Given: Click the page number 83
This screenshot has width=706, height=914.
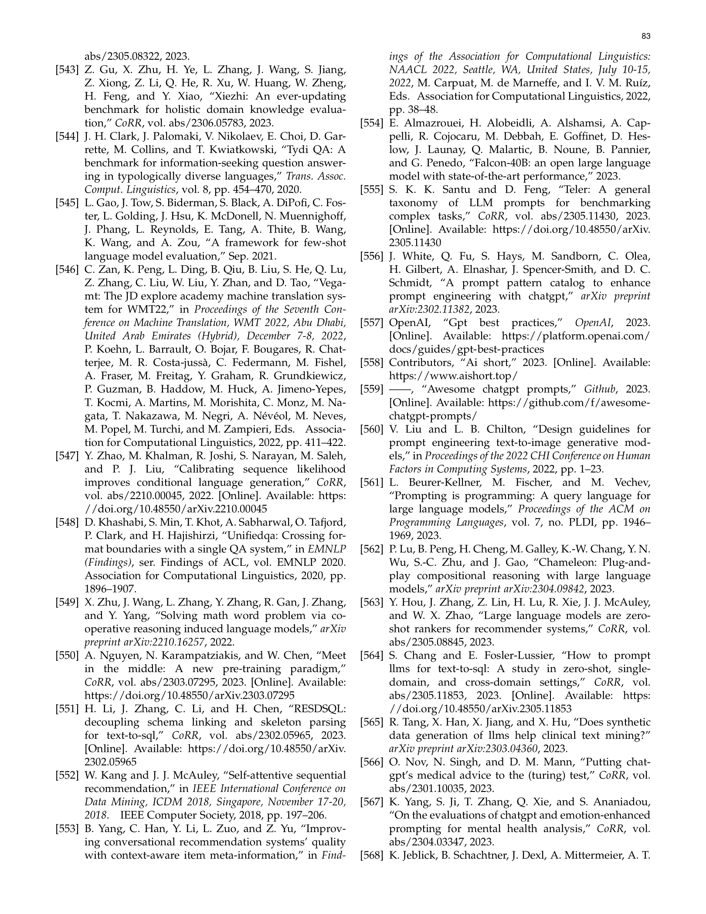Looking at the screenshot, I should pyautogui.click(x=646, y=37).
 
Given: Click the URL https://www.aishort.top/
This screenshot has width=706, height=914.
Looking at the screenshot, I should pyautogui.click(x=453, y=376).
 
